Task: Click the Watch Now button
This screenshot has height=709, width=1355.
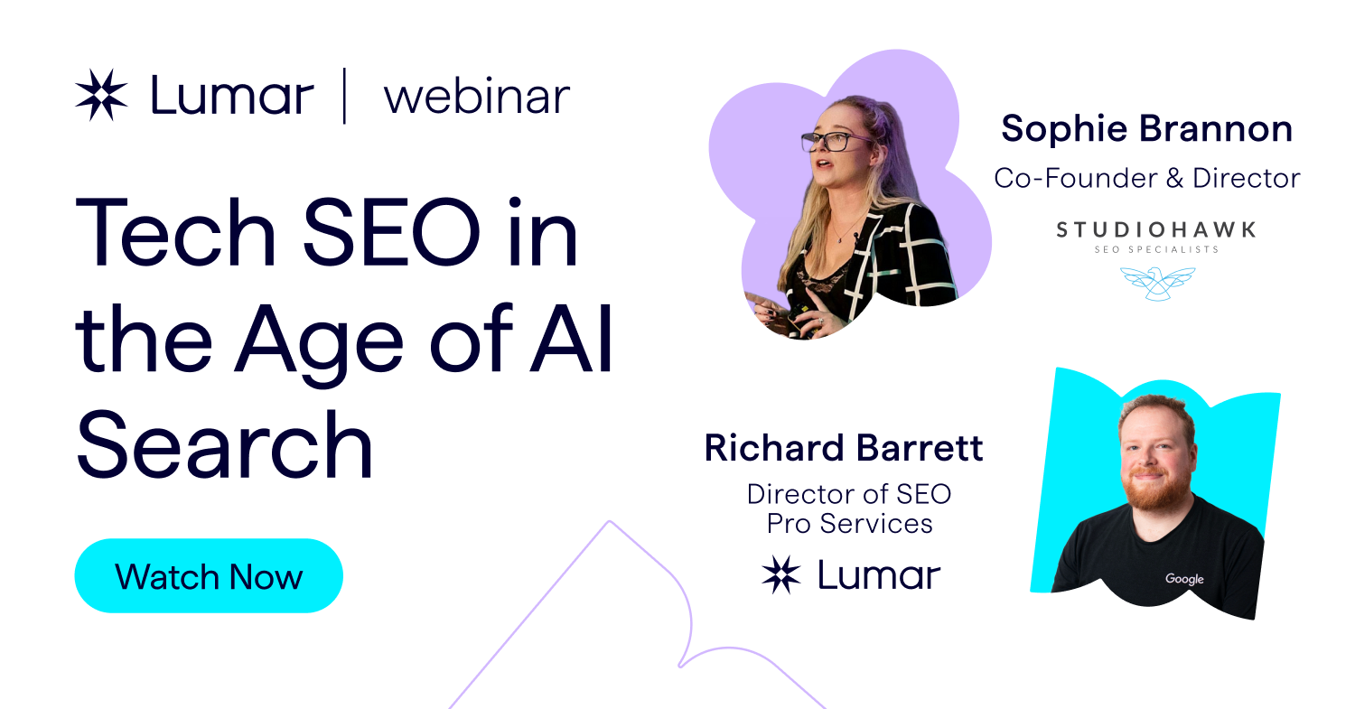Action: [209, 576]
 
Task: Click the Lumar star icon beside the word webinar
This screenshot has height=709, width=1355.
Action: [101, 95]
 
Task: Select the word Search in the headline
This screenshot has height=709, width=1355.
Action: [225, 445]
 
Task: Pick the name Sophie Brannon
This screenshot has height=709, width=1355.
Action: [1146, 130]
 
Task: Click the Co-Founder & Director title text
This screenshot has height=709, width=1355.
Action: [1146, 178]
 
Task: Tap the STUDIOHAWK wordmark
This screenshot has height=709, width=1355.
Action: [1155, 230]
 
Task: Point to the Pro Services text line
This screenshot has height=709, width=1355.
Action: [849, 523]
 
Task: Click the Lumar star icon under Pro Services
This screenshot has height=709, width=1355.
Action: [781, 575]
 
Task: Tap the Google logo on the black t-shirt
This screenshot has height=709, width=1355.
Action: [1183, 579]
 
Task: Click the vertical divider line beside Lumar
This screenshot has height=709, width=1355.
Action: [345, 96]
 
